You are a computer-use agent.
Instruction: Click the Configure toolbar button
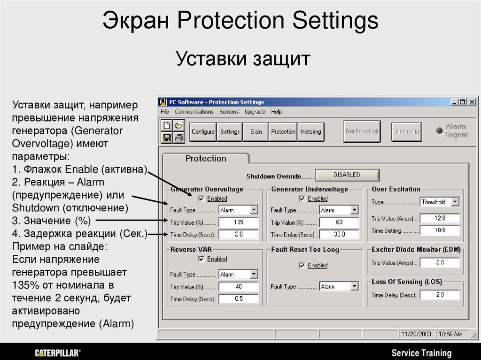[x=202, y=132]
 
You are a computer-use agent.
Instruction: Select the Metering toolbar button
[x=310, y=132]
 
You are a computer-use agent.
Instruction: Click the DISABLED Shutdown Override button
[x=347, y=175]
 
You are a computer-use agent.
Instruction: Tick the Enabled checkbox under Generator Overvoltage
[x=202, y=199]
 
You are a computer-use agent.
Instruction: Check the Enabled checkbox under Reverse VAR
[x=202, y=259]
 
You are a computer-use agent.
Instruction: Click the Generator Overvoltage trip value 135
[x=239, y=222]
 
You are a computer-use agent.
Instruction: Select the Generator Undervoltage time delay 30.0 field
[x=339, y=234]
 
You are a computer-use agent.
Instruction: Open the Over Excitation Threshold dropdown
[x=455, y=202]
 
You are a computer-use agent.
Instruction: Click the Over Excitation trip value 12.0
[x=440, y=218]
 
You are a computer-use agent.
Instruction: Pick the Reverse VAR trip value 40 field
[x=239, y=286]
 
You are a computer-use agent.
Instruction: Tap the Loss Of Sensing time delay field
[x=440, y=295]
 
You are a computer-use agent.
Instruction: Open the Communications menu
[x=194, y=112]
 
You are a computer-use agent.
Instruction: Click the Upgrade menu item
[x=255, y=112]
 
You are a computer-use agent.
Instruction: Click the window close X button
[x=472, y=102]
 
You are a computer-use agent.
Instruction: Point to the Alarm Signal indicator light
[x=440, y=130]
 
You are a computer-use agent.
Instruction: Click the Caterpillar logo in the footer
[x=58, y=352]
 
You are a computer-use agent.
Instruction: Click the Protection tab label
[x=206, y=159]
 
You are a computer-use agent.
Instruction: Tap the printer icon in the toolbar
[x=178, y=138]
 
